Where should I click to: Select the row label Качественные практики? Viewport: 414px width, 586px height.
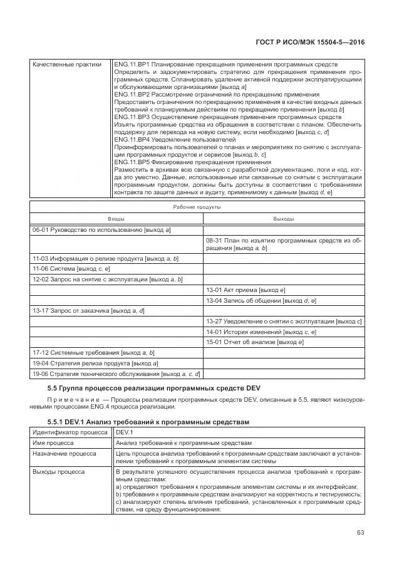(x=66, y=64)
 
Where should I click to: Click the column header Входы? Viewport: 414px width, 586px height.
(x=116, y=219)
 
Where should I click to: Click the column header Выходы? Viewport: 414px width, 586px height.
(x=284, y=219)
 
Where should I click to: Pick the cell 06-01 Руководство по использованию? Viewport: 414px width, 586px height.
(x=102, y=230)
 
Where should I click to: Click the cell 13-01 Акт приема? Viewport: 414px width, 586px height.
(x=246, y=290)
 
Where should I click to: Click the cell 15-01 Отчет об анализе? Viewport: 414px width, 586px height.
(x=255, y=342)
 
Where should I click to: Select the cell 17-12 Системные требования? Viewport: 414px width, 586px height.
(x=93, y=353)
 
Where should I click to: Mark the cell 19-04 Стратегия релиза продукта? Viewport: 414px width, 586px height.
(x=95, y=364)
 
